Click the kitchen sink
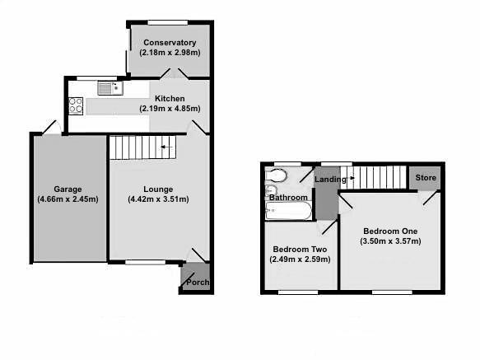coord(108,87)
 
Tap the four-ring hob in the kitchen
coord(76,105)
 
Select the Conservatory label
coord(169,43)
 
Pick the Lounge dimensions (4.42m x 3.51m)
coord(158,199)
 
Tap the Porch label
coord(196,283)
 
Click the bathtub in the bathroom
coord(288,212)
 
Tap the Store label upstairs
coord(426,177)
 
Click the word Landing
coord(329,180)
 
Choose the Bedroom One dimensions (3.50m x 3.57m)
coord(390,241)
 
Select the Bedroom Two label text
coord(301,249)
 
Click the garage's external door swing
coord(50,127)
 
